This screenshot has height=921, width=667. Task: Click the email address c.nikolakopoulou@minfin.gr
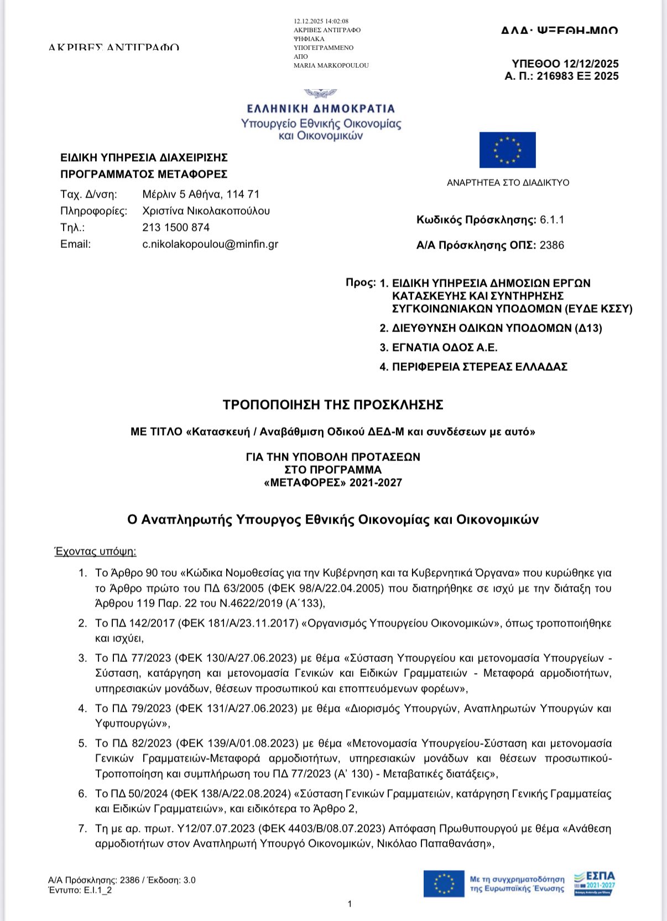[x=210, y=244]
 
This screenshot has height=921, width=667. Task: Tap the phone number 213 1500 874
[x=176, y=227]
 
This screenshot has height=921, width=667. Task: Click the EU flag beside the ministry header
[x=507, y=150]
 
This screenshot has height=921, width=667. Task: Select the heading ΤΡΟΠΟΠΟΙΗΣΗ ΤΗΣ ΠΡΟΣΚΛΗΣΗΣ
[x=333, y=405]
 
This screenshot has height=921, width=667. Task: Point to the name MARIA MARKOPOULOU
[x=331, y=65]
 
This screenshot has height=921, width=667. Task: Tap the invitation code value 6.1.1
[x=552, y=220]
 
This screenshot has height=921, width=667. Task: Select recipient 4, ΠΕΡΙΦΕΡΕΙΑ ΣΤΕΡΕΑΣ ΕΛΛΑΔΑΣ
[x=480, y=367]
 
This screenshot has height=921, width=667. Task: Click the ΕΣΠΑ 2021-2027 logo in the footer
[x=595, y=883]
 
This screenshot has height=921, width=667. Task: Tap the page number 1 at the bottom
[x=350, y=904]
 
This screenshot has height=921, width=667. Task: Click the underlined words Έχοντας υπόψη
[x=95, y=551]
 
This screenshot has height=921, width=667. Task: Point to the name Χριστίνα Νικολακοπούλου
[x=206, y=211]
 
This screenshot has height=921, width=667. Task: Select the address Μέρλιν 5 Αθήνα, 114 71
[x=201, y=194]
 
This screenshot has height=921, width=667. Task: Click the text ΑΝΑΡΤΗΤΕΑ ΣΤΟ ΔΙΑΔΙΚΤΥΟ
[x=508, y=183]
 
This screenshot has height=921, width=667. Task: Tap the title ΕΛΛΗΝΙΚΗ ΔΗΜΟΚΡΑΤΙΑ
[x=321, y=108]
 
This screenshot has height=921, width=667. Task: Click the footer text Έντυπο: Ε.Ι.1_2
[x=80, y=890]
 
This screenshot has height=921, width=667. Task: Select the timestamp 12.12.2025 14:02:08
[x=321, y=22]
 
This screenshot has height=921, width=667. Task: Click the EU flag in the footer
[x=444, y=884]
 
